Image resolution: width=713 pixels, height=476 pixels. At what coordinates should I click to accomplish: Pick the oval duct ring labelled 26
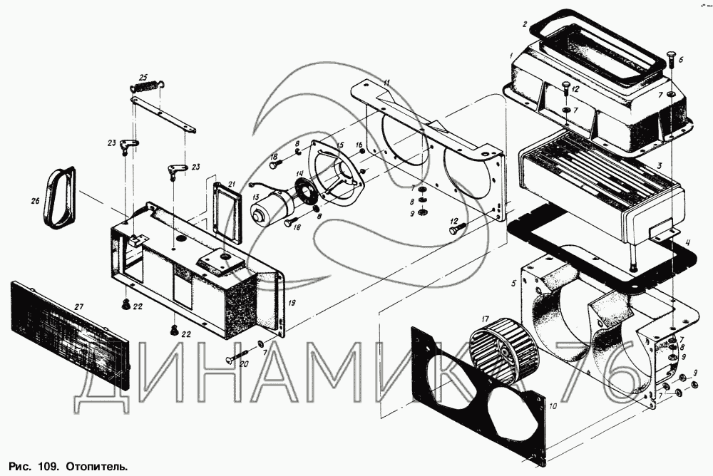(x=58, y=199)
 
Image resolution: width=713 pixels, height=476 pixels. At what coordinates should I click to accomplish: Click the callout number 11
(x=386, y=83)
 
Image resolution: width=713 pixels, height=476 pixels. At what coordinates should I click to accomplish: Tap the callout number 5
(x=513, y=284)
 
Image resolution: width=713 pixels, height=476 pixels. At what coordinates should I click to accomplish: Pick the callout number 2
(x=524, y=24)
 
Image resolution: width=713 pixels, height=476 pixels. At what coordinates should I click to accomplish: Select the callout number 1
(x=511, y=55)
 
